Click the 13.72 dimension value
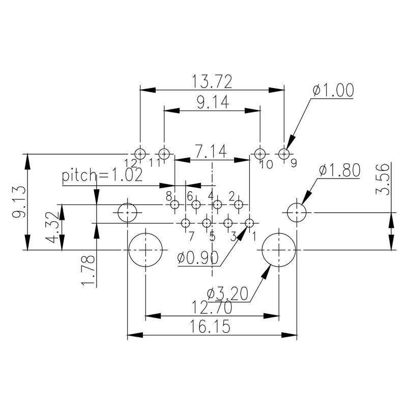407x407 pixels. [x=212, y=81]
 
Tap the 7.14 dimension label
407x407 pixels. [x=212, y=151]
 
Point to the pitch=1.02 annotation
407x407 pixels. [x=102, y=176]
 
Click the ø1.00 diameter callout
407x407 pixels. [x=333, y=91]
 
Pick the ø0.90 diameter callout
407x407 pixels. [x=198, y=258]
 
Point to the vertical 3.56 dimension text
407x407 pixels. [x=385, y=179]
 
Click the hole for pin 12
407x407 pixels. [x=140, y=153]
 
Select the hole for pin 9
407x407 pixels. [x=284, y=153]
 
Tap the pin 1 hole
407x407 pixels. [x=249, y=223]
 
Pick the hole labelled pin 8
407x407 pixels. [x=175, y=205]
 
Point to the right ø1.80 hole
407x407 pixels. [x=297, y=212]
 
